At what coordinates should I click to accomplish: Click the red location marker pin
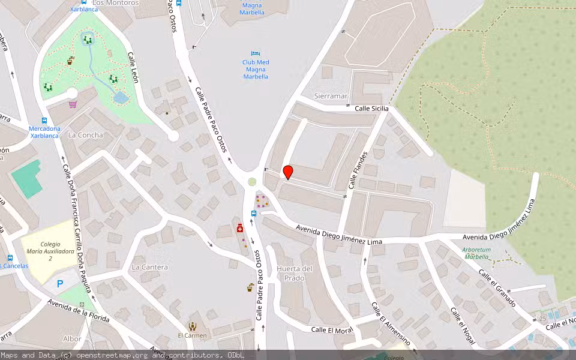(x=288, y=172)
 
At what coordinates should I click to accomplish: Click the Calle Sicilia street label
(x=371, y=109)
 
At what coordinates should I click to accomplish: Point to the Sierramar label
(x=331, y=96)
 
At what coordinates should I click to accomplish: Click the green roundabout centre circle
(x=252, y=182)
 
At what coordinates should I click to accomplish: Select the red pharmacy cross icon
(x=240, y=228)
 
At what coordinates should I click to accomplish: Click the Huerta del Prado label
(x=295, y=273)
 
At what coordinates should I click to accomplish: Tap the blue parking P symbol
(x=60, y=284)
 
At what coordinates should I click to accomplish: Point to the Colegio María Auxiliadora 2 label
(x=50, y=251)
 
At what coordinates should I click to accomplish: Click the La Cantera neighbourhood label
(x=149, y=267)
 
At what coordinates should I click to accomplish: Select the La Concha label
(x=85, y=135)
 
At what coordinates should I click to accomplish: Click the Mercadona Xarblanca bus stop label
(x=45, y=132)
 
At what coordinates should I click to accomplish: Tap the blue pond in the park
(x=121, y=97)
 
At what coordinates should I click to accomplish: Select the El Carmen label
(x=192, y=335)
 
